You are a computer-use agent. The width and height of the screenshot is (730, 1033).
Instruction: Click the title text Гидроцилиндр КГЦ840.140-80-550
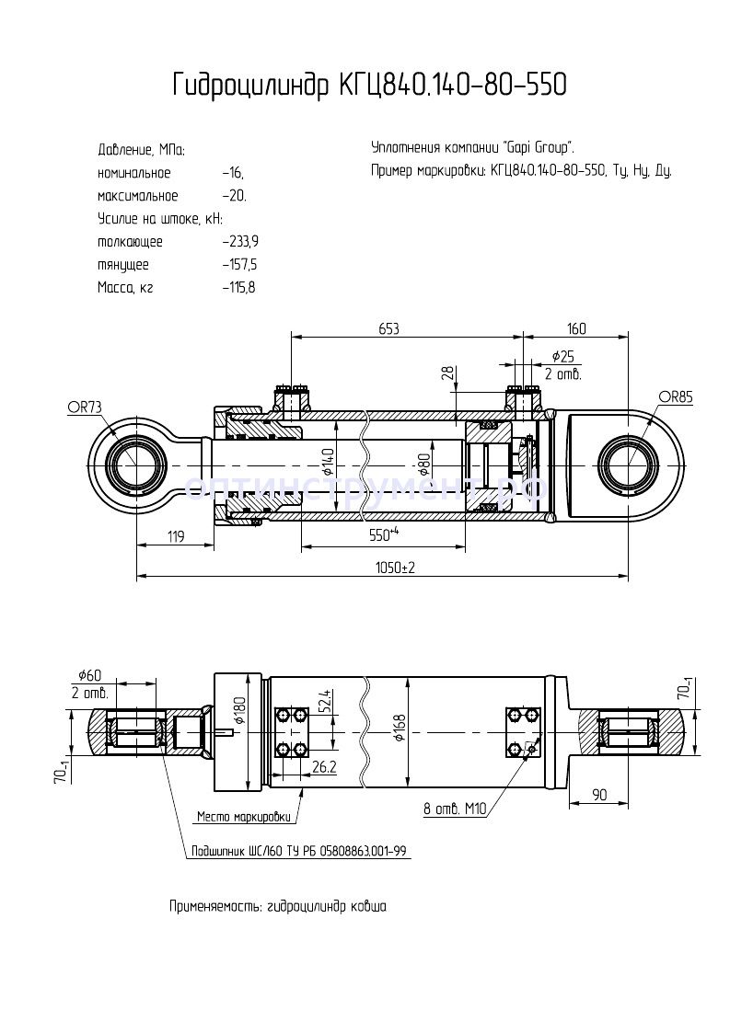coord(368,86)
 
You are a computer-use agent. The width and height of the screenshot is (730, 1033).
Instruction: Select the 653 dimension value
coord(388,328)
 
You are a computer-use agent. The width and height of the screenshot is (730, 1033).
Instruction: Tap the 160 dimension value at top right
coord(576,328)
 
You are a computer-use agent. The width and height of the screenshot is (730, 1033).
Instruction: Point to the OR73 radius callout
coord(84,407)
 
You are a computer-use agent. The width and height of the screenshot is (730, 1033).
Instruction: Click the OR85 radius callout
coord(675,396)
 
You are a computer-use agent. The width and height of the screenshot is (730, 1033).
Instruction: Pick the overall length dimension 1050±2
coord(395,568)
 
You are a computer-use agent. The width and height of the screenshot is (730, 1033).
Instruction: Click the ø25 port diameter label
coord(563,356)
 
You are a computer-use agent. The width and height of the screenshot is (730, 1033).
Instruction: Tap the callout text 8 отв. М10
coord(454,809)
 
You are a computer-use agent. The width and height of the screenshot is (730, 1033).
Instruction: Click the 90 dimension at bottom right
coord(599,794)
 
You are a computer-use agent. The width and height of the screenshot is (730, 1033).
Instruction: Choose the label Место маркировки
coord(244,816)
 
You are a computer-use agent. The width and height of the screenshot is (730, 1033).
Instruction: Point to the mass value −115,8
coord(238,288)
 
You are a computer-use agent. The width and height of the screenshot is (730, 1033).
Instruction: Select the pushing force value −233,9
coord(240,242)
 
